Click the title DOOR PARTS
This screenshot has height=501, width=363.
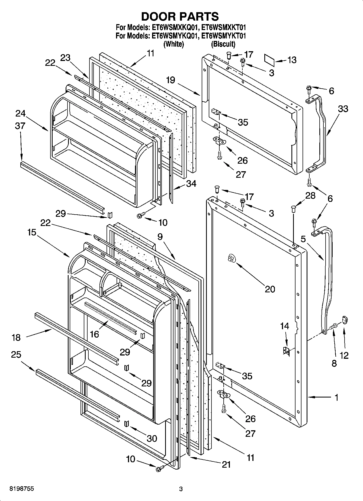click(x=180, y=17)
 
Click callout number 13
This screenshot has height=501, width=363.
click(x=292, y=60)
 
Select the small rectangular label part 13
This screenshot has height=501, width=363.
click(x=270, y=60)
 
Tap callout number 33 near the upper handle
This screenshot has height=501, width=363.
click(x=343, y=109)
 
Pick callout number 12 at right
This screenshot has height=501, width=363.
click(x=344, y=355)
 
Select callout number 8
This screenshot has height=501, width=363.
click(x=334, y=363)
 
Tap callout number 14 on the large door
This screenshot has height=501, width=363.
click(x=284, y=326)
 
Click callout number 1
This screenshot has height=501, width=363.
click(x=336, y=397)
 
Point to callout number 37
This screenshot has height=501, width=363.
click(x=20, y=126)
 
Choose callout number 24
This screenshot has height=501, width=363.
click(x=20, y=113)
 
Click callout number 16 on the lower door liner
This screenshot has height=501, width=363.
click(x=94, y=334)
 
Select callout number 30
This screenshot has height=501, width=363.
click(x=152, y=438)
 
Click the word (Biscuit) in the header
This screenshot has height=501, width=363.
click(x=223, y=44)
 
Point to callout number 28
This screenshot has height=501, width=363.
click(x=310, y=196)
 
